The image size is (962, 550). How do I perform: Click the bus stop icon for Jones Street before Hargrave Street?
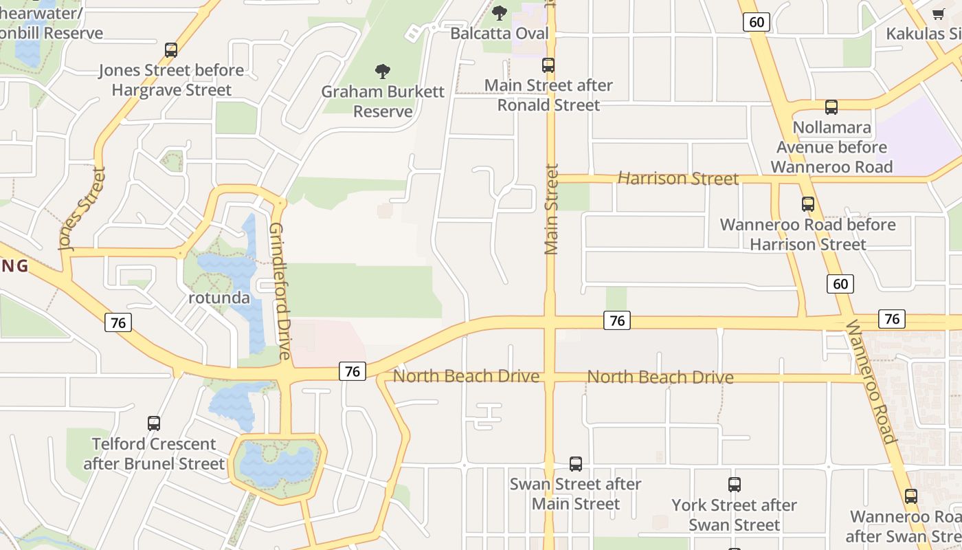[x=171, y=50]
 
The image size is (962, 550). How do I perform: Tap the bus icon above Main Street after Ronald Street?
[x=548, y=65]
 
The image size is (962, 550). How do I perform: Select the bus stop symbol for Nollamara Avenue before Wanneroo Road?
[x=831, y=107]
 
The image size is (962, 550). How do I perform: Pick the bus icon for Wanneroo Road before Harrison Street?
[x=807, y=204]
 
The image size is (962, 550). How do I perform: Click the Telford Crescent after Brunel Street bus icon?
[x=154, y=423]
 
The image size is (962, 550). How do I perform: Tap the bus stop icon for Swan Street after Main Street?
[x=576, y=464]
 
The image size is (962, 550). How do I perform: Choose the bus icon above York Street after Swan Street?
[x=734, y=485]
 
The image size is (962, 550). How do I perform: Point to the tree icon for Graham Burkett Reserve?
[x=383, y=71]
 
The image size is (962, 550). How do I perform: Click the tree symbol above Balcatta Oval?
[x=500, y=13]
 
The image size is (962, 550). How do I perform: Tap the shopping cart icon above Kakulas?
[x=939, y=14]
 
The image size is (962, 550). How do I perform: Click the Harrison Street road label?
[x=678, y=179]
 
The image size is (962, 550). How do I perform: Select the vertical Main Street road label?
[x=551, y=210]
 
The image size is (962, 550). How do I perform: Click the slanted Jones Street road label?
[x=82, y=209]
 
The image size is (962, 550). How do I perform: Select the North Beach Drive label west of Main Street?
[x=461, y=376]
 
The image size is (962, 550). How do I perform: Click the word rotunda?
[x=219, y=298]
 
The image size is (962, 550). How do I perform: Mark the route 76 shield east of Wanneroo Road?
[x=891, y=319]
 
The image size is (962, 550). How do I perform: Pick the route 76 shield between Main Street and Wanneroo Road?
[x=616, y=320]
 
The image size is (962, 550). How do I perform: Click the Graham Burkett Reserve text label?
[x=383, y=101]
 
